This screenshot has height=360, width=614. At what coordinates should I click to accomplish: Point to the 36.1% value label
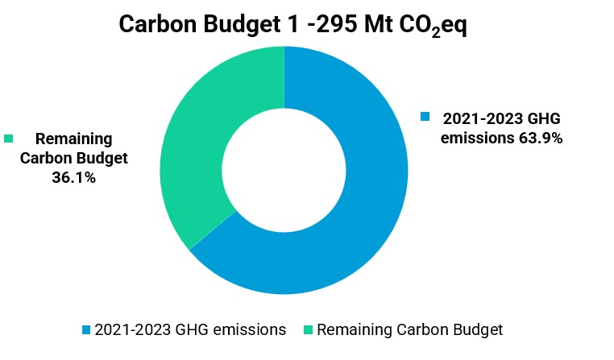[73, 177]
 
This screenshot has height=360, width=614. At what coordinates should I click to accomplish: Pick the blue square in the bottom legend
[86, 330]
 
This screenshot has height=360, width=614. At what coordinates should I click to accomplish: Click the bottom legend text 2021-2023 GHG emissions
[189, 329]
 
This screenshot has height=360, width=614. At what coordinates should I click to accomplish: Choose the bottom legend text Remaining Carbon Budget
[409, 329]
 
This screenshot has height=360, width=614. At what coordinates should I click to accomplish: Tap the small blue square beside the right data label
[425, 118]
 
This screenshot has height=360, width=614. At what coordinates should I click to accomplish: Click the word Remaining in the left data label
[73, 139]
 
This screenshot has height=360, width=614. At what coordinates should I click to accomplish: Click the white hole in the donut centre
[284, 169]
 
